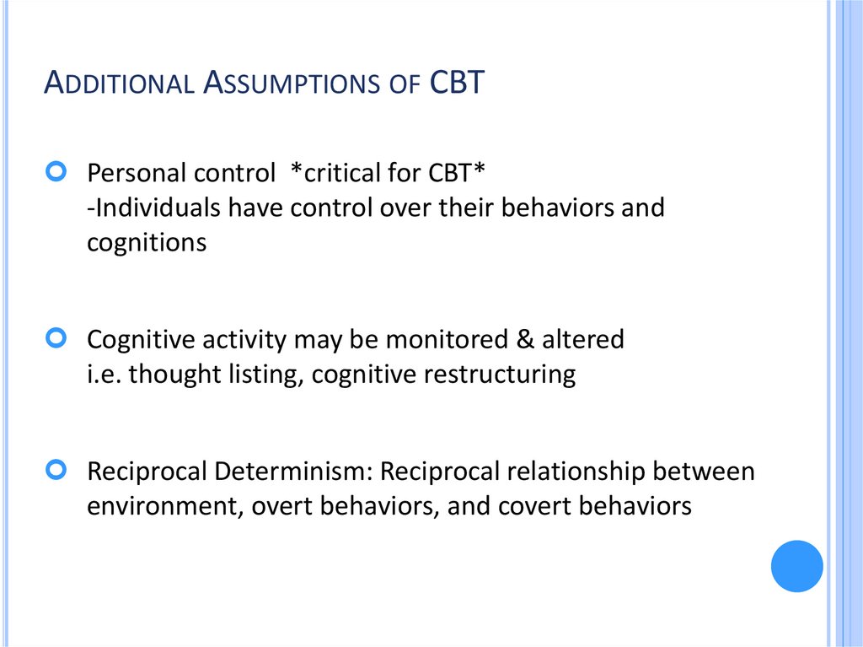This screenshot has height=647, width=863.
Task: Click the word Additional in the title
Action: [118, 84]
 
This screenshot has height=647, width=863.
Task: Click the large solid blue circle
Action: [796, 566]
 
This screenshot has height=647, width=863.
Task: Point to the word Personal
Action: [137, 173]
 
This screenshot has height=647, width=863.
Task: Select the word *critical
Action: [324, 173]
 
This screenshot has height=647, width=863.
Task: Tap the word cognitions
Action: [147, 242]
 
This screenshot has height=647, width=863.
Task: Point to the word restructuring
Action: [499, 374]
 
